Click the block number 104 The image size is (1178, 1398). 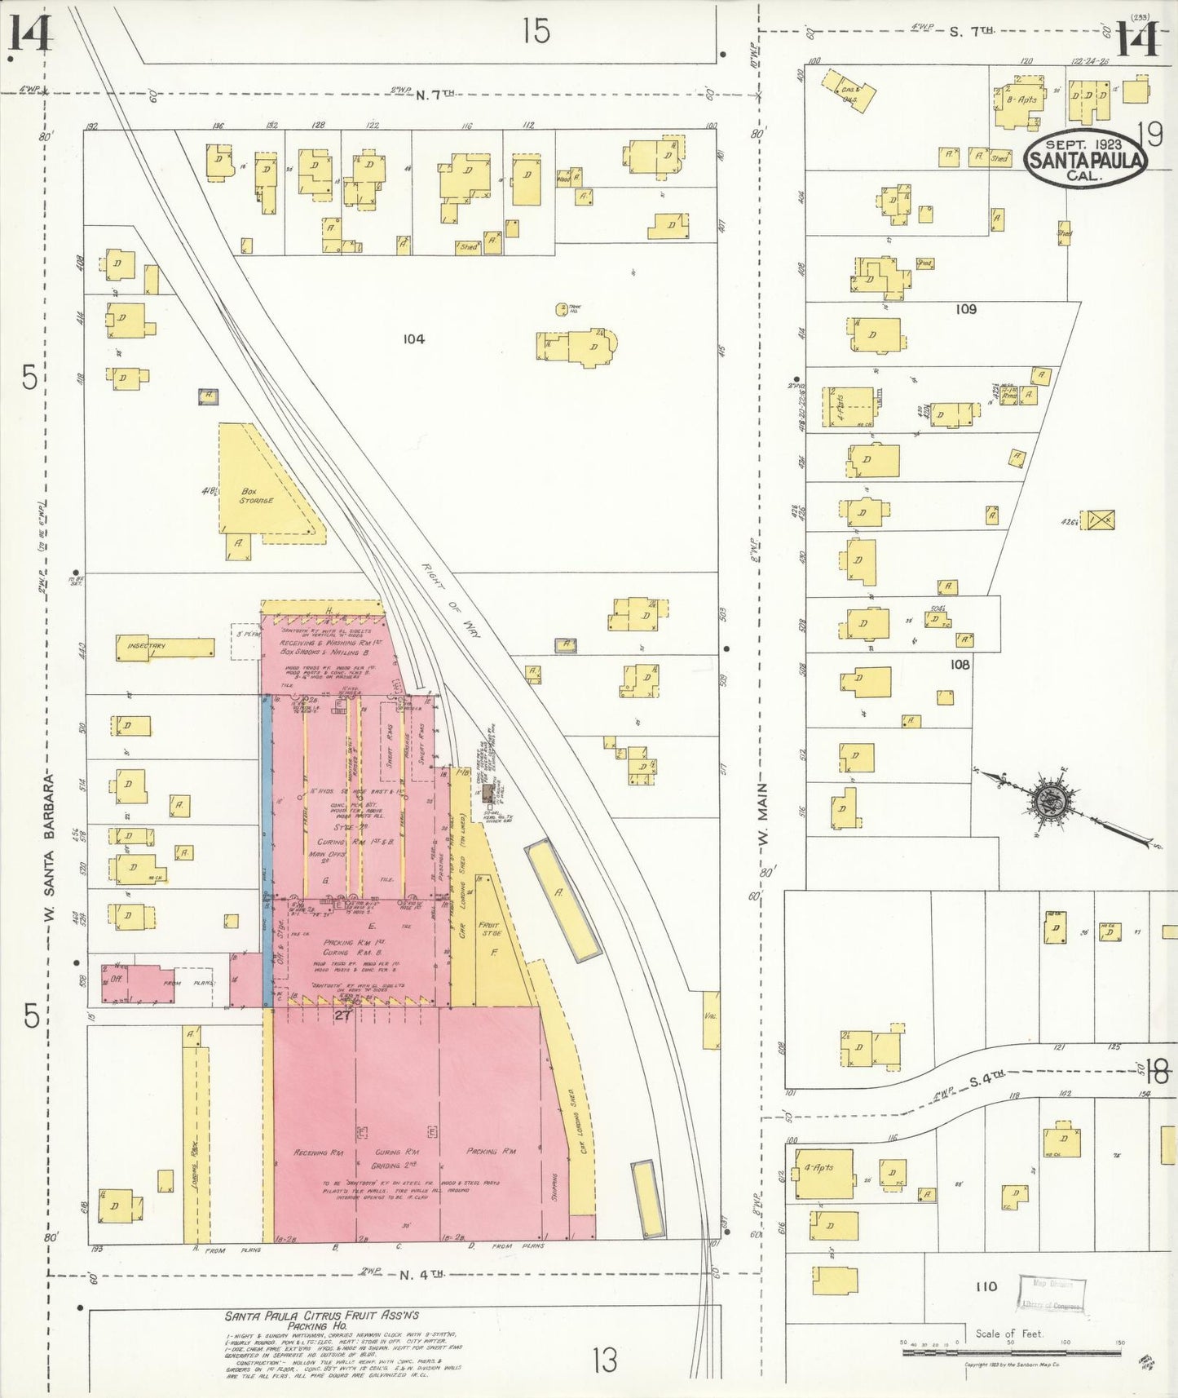(413, 338)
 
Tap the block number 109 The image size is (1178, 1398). (966, 309)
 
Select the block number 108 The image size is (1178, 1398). (960, 664)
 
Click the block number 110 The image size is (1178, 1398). (986, 1286)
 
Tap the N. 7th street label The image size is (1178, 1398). (434, 95)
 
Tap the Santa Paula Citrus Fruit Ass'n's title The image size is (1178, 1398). (322, 1316)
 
